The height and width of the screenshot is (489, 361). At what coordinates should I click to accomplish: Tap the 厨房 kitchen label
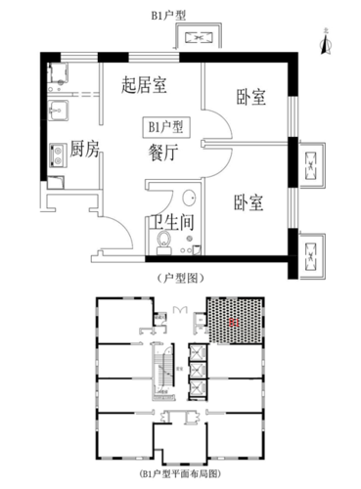[x=85, y=150]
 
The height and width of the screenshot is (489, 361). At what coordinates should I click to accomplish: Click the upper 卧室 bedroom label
[x=251, y=98]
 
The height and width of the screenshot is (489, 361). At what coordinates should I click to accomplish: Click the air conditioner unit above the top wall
[x=200, y=38]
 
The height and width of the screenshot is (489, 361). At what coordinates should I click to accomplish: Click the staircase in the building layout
[x=163, y=371]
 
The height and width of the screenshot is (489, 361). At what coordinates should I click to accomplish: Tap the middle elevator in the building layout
[x=199, y=369]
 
